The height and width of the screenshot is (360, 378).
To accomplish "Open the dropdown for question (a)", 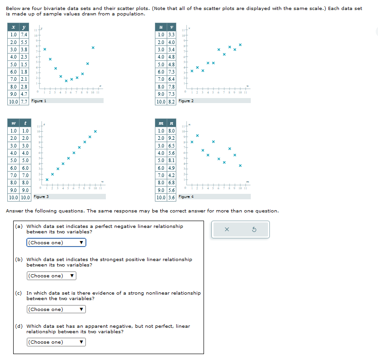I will click(x=56, y=242).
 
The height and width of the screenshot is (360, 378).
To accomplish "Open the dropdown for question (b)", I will click(x=51, y=276).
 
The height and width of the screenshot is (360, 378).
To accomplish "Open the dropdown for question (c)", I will click(x=56, y=309).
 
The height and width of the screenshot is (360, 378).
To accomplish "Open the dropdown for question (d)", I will click(x=56, y=342).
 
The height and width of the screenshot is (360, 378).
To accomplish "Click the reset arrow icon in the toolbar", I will click(x=254, y=230).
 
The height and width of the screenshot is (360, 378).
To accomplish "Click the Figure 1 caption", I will click(x=39, y=101).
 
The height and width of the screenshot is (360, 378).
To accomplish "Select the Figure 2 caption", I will click(x=186, y=101).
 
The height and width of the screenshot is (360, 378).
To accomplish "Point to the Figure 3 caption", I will click(x=41, y=197).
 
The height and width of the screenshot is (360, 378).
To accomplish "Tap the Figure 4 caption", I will click(x=186, y=197).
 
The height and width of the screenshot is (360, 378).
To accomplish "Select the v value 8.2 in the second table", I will click(x=171, y=102).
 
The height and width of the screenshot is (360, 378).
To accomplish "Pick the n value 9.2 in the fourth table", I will click(x=171, y=138).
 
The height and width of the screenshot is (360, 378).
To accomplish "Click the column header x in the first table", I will click(x=13, y=28).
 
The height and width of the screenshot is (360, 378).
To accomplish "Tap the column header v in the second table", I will click(x=171, y=28).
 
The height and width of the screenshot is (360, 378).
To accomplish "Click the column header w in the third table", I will click(x=13, y=124).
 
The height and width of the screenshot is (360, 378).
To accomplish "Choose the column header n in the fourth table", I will click(x=171, y=124).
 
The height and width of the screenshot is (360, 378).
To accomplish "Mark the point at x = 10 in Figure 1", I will click(x=93, y=47).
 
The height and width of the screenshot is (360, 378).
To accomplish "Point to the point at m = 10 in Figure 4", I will click(x=240, y=165).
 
